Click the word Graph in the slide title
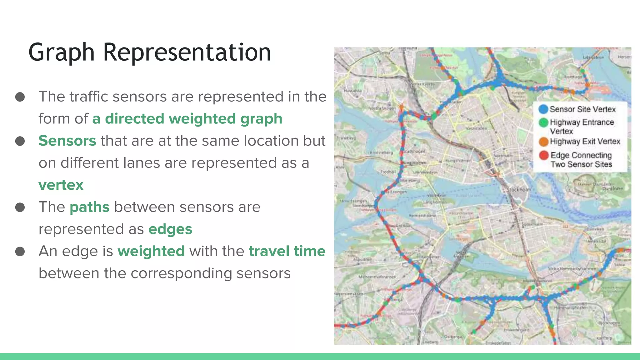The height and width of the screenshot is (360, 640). coord(61,52)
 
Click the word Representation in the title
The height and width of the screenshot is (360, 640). coord(187,52)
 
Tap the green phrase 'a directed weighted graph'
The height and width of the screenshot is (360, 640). coord(187,119)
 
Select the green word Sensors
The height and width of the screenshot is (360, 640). coord(67,141)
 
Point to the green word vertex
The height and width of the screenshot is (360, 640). coord(61,185)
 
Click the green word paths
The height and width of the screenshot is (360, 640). coord(90,207)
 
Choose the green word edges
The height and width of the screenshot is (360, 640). coord(170,229)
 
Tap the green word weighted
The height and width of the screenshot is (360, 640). coord(151,251)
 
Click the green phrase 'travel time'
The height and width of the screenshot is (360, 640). coord(287,251)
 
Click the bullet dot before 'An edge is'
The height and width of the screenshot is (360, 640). coord(20,251)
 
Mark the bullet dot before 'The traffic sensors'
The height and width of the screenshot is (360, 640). coord(20,97)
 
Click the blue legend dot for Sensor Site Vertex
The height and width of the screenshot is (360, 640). coord(543,109)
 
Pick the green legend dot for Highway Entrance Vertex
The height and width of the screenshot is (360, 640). coord(543,122)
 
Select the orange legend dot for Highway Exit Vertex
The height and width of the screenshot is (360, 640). coord(543,142)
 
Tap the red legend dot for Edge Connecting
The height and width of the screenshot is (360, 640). coord(544,155)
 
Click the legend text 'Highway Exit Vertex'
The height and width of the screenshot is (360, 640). coord(585,142)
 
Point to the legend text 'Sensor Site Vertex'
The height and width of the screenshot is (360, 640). coord(582,109)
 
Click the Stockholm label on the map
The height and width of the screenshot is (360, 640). coord(519,189)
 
